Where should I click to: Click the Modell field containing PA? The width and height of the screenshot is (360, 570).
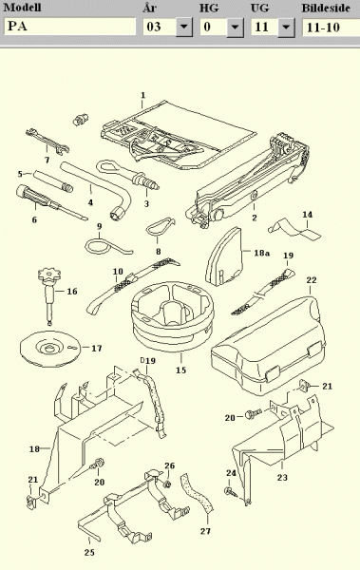(x=69, y=27)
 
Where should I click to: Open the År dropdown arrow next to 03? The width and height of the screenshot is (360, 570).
(x=184, y=27)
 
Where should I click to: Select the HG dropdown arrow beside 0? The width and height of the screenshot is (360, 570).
(x=236, y=27)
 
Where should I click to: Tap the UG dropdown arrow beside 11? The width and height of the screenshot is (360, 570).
(x=286, y=27)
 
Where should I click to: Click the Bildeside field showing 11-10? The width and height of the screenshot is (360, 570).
(x=331, y=27)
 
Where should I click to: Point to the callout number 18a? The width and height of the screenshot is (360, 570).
(x=261, y=253)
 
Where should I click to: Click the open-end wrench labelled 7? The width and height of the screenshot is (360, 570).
(x=47, y=140)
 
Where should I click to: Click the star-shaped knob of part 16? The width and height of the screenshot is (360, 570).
(x=49, y=275)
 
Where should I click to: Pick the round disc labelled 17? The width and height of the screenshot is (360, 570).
(x=49, y=349)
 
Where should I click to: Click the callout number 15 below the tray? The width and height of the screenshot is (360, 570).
(x=180, y=370)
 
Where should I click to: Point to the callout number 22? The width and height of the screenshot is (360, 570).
(x=312, y=280)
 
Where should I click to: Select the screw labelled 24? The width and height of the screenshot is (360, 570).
(x=231, y=492)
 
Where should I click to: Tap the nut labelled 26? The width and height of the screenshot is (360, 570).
(x=167, y=484)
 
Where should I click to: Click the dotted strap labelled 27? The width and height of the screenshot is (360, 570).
(x=198, y=494)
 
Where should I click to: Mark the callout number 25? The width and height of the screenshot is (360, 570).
(x=89, y=552)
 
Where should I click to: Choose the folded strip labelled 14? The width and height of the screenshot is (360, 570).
(x=294, y=229)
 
